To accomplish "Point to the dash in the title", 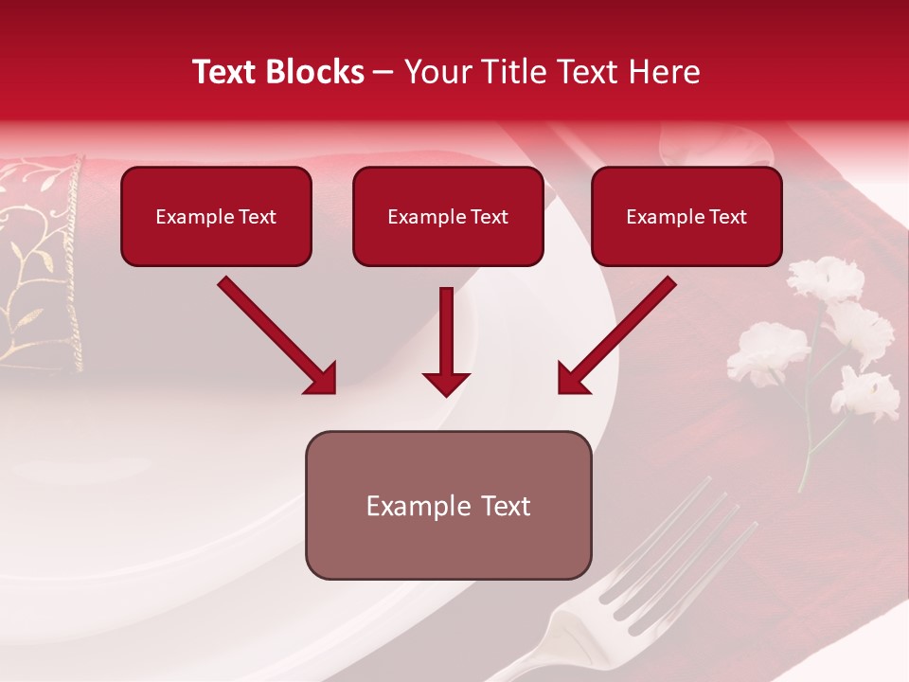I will [x=383, y=73].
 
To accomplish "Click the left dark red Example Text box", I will [x=216, y=216].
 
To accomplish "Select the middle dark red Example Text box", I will [x=448, y=216].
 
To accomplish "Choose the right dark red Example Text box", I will [x=686, y=216].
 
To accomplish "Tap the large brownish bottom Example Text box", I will [x=448, y=505].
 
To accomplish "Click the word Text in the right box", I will [x=727, y=217].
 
